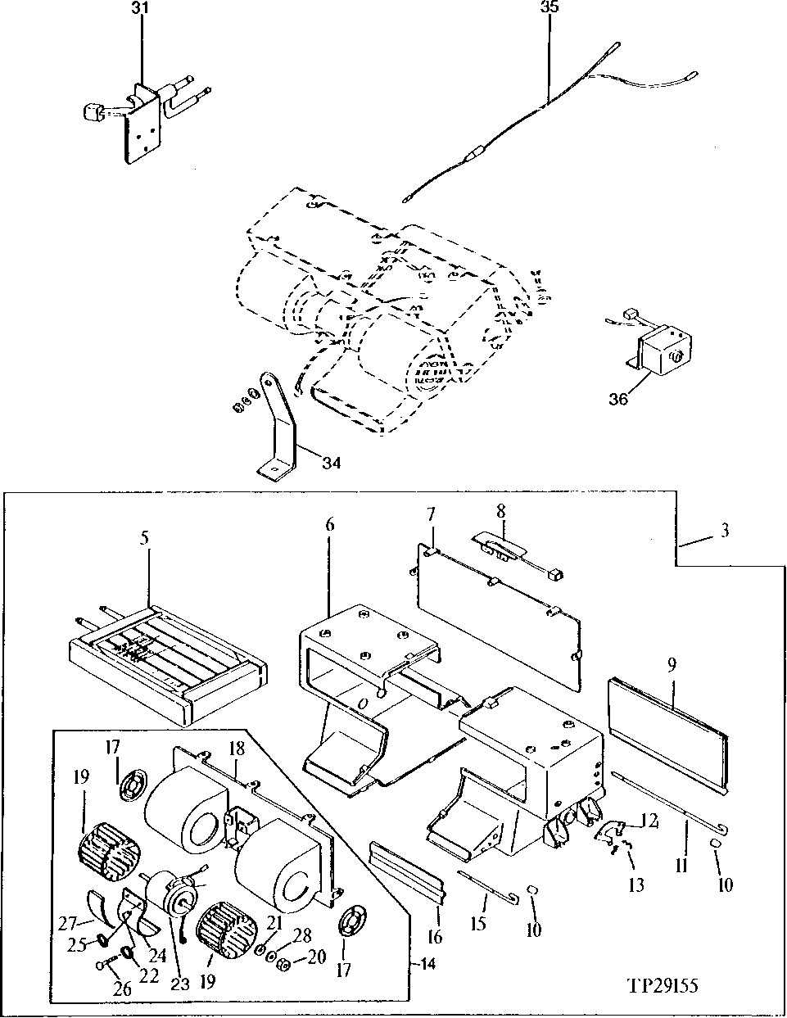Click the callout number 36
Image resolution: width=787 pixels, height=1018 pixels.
click(x=618, y=399)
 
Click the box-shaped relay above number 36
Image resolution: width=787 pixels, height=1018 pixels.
click(x=664, y=348)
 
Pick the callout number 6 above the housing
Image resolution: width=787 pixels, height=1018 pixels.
click(x=329, y=524)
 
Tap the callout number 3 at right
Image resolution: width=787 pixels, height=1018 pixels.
click(x=725, y=530)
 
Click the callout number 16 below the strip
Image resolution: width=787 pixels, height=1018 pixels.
click(x=435, y=937)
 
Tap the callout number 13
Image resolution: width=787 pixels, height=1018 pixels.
click(x=636, y=885)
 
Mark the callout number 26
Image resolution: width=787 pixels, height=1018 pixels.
click(x=123, y=989)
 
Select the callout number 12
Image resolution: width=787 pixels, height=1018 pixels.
click(x=649, y=820)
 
